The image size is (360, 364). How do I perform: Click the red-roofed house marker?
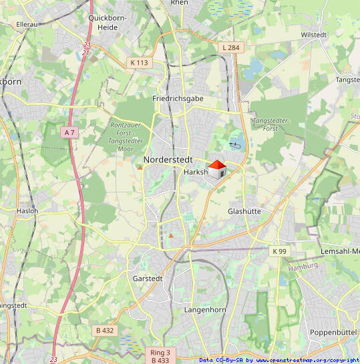[216, 169]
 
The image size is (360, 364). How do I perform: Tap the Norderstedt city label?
[168, 160]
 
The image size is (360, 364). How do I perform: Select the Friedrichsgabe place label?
[178, 98]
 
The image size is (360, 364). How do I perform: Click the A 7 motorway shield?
[69, 132]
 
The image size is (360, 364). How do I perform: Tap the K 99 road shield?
[279, 251]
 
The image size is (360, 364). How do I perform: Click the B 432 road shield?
[105, 330]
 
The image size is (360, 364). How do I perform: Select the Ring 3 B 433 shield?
[160, 356]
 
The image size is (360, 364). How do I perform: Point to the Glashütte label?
[244, 211]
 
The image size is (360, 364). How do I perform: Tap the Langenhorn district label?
[204, 310]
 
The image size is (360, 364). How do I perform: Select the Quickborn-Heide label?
[103, 23]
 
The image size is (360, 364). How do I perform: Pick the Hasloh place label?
[27, 210]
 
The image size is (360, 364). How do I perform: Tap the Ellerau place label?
[27, 24]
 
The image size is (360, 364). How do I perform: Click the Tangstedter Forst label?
[270, 124]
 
